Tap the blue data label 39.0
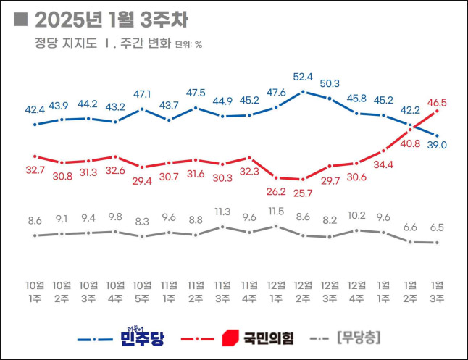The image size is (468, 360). coord(437,145)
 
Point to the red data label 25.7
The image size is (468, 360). coord(303,193)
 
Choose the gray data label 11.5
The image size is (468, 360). coord(276,211)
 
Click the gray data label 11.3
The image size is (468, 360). coord(222,212)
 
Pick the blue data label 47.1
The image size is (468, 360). coord(142,94)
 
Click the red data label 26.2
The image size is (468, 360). coord(276,192)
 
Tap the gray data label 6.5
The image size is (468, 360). coord(437,227)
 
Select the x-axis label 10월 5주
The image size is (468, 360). coord(142,290)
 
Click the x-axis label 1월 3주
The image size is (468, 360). coord(437,290)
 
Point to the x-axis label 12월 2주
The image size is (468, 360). coord(303,290)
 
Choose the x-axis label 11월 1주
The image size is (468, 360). coord(169,290)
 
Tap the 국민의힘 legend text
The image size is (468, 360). coord(268,338)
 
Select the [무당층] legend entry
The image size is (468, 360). coord(359,338)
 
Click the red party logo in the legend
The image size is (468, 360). coord(230,338)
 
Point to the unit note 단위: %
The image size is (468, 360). coord(188,44)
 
